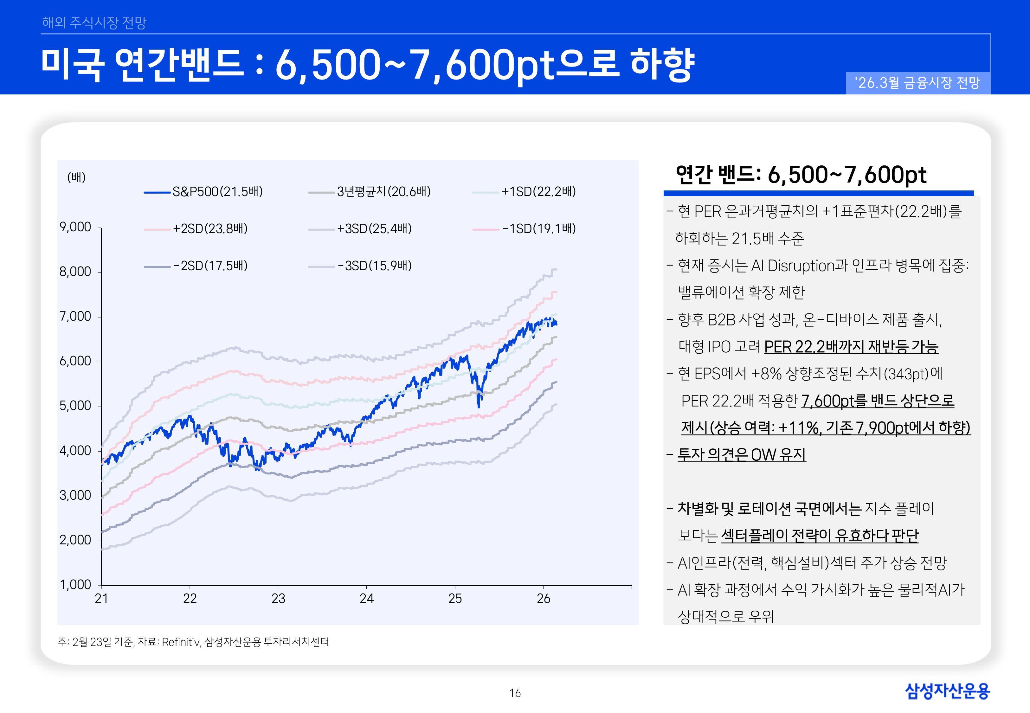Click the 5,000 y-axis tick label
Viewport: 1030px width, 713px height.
(75, 406)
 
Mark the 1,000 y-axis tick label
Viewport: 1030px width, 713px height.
(75, 585)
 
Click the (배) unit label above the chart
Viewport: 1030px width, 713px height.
(76, 177)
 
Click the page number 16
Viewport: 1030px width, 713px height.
(515, 693)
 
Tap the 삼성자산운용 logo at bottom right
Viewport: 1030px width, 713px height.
(947, 691)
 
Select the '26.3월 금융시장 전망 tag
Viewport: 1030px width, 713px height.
(917, 83)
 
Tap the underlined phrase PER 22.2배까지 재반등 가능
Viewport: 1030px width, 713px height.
(851, 347)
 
